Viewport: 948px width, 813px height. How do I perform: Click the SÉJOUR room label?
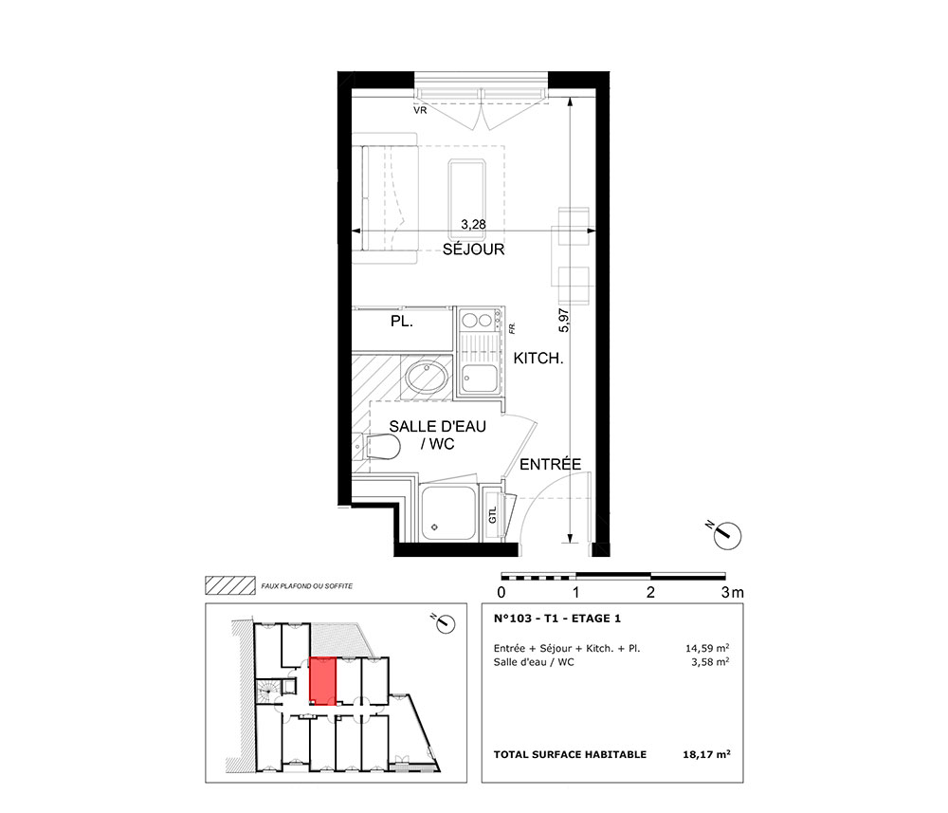point(473,249)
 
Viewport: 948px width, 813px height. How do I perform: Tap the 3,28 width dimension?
point(473,225)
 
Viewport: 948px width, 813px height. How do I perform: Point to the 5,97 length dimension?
point(563,321)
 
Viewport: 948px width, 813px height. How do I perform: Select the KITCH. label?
point(538,358)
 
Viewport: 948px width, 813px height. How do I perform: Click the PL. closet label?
point(402,322)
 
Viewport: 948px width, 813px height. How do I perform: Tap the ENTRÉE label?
point(550,464)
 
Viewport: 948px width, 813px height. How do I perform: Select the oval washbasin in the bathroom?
point(427,378)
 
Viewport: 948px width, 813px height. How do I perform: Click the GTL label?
point(492,515)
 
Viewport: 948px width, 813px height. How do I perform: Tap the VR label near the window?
point(420,111)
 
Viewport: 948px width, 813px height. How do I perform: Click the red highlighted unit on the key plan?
point(322,682)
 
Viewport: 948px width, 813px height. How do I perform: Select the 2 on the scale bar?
point(650,592)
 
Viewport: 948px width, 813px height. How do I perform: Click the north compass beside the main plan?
point(726,535)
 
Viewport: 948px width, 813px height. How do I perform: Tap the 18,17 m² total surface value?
point(706,754)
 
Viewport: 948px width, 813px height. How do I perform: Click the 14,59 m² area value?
point(707,648)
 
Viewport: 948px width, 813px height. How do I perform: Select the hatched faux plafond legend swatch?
point(229,585)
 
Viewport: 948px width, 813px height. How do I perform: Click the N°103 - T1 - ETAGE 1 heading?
point(556,619)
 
